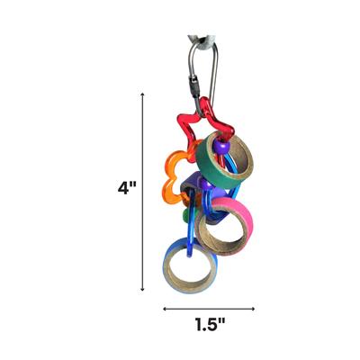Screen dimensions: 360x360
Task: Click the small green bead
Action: point(185,216)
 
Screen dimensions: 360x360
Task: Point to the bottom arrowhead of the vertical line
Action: point(142,289)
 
